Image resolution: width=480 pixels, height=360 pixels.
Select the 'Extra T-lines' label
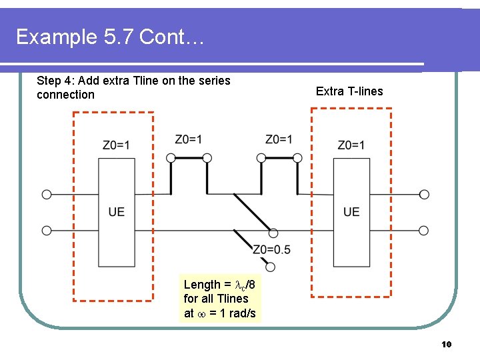coord(349,91)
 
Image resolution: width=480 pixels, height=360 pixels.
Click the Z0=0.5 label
coord(271,250)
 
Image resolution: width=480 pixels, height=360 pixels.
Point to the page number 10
coord(447,344)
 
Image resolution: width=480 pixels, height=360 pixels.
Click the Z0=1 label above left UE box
coord(117,145)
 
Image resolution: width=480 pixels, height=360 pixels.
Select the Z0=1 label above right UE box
coord(351,145)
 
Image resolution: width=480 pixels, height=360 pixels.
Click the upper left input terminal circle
coord(47,195)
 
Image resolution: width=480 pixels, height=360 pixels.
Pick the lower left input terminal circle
coord(47,231)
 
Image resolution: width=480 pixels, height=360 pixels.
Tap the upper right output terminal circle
coord(424,195)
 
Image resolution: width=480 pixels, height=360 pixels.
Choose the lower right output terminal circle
coord(424,231)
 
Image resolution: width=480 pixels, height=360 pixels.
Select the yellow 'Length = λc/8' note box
coord(220,299)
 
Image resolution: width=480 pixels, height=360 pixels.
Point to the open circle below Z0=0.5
coord(271,267)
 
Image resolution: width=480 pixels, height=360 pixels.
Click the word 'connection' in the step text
coord(66,95)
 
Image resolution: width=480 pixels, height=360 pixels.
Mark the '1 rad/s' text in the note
coord(237,313)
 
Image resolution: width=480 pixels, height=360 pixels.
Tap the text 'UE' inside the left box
coord(117,212)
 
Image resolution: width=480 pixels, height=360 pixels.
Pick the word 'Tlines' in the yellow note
coord(232,299)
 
